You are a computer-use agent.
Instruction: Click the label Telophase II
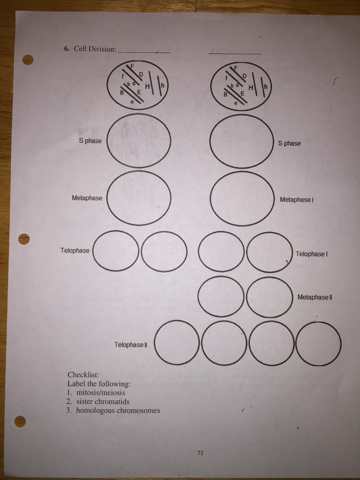pyautogui.click(x=131, y=345)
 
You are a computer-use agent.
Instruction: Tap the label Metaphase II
pyautogui.click(x=315, y=297)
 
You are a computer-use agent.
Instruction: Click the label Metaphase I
pyautogui.click(x=296, y=200)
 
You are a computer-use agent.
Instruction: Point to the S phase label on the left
pyautogui.click(x=90, y=141)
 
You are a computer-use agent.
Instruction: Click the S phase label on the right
pyautogui.click(x=289, y=143)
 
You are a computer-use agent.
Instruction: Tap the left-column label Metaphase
pyautogui.click(x=87, y=198)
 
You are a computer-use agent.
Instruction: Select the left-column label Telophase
pyautogui.click(x=75, y=250)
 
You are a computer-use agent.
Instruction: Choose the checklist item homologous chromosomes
pyautogui.click(x=118, y=410)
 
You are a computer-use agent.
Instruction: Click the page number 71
pyautogui.click(x=201, y=453)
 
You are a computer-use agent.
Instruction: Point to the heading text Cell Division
pyautogui.click(x=94, y=49)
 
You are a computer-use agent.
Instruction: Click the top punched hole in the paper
pyautogui.click(x=28, y=60)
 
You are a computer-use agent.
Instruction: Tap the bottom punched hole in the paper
pyautogui.click(x=20, y=421)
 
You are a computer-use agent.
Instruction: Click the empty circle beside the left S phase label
pyautogui.click(x=139, y=141)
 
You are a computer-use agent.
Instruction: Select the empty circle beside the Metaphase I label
pyautogui.click(x=242, y=198)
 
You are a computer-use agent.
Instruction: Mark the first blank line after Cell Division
pyautogui.click(x=144, y=52)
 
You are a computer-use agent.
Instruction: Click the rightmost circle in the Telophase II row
pyautogui.click(x=318, y=344)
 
